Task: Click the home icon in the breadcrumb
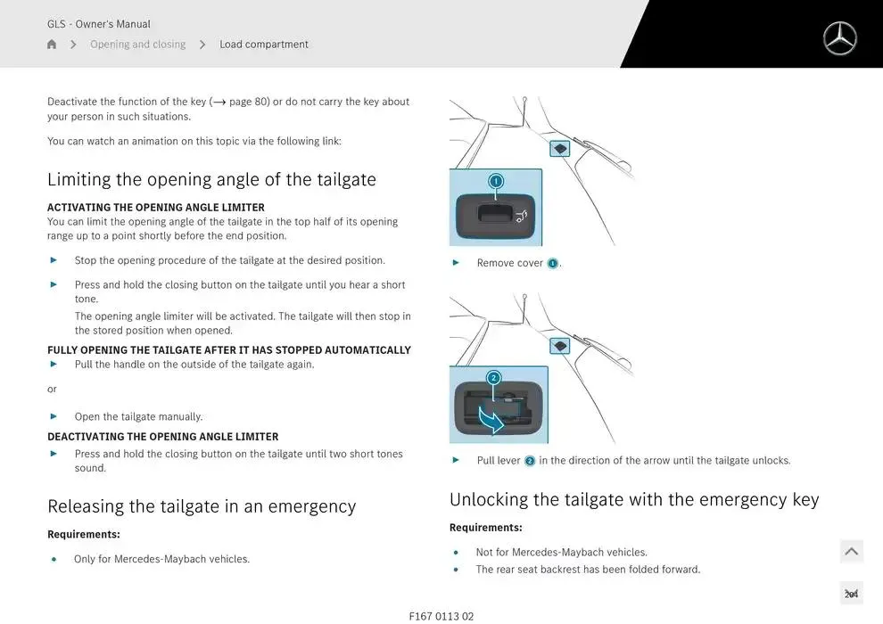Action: pos(52,44)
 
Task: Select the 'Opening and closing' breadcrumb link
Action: pos(138,44)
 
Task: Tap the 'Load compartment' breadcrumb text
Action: pos(263,44)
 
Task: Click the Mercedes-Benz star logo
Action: pos(839,38)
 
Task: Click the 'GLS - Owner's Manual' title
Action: pos(98,24)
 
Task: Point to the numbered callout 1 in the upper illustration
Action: pos(496,181)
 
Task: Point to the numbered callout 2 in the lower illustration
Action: pos(493,378)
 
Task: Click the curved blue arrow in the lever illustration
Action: pos(491,419)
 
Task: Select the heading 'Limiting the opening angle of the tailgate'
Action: pos(211,179)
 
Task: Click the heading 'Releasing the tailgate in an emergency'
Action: pos(202,505)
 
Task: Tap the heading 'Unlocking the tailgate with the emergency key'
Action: pos(634,499)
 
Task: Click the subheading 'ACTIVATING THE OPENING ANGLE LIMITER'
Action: pos(156,207)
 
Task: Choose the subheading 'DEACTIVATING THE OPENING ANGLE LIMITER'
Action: pos(162,437)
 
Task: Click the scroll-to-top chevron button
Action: pos(852,552)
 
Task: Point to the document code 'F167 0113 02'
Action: pos(441,616)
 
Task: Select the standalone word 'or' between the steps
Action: pos(52,389)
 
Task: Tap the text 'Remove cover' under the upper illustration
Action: pos(509,263)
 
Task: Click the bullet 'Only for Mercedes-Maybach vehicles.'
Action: pos(161,559)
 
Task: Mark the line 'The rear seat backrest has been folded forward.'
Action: pos(588,569)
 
